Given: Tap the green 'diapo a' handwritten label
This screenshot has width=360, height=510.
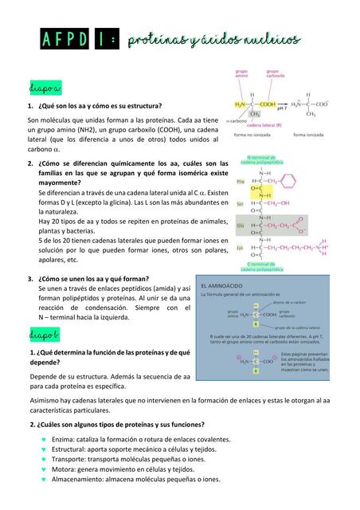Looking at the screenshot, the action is pyautogui.click(x=40, y=86).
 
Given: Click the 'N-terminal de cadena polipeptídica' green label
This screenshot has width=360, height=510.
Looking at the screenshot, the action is pyautogui.click(x=263, y=159).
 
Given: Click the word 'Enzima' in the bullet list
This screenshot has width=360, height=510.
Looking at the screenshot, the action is pyautogui.click(x=65, y=439).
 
